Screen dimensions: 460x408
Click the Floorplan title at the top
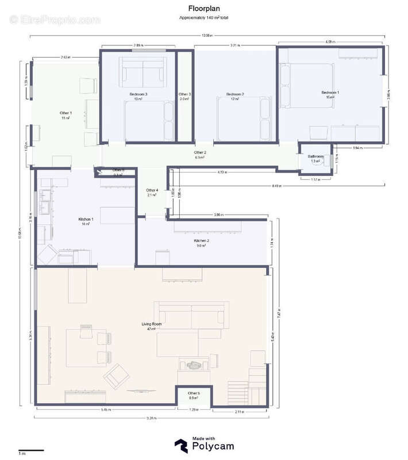203,9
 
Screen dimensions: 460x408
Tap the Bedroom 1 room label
330,93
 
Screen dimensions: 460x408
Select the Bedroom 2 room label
235,94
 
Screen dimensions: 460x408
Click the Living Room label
152,324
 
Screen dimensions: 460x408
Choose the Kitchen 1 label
86,219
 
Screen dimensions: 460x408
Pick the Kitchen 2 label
202,241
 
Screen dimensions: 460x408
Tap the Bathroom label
316,156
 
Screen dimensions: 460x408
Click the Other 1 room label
66,113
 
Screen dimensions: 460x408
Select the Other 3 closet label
184,94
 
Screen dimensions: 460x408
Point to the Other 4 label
152,190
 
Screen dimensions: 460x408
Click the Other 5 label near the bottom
194,393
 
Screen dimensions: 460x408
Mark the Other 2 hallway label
200,152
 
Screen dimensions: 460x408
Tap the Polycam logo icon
180,444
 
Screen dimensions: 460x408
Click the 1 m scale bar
31,450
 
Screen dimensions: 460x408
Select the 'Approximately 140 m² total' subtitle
203,18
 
